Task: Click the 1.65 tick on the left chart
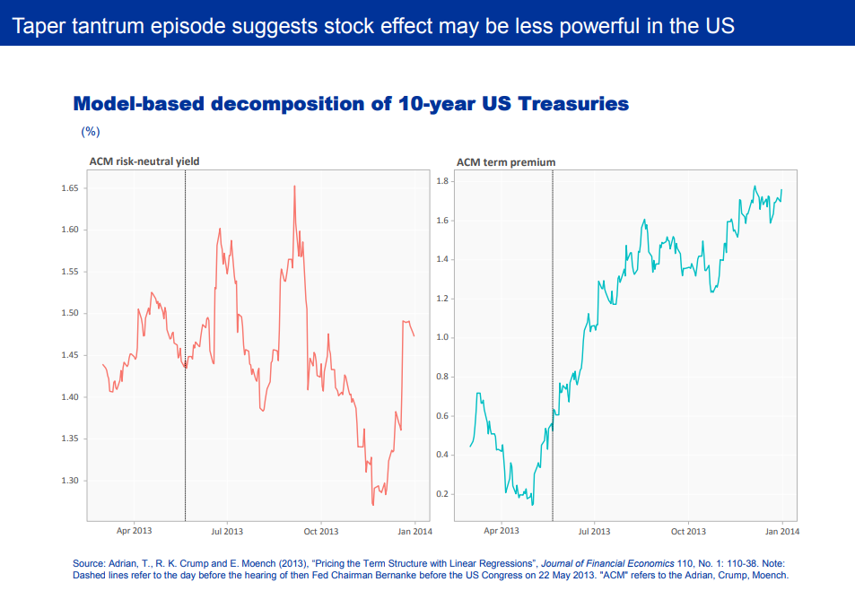pos(69,188)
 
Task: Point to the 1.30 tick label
pos(69,481)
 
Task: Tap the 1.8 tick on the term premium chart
pos(441,181)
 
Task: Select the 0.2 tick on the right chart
pos(441,494)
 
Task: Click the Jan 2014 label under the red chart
pos(414,531)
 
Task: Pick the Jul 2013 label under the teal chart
pos(594,531)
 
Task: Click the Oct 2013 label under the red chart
pos(321,531)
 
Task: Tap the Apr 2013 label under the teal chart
pos(502,531)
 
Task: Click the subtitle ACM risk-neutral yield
pos(144,161)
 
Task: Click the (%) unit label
pos(91,131)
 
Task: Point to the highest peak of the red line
pos(294,187)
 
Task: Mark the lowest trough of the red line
pos(372,505)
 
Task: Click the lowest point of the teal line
pos(532,505)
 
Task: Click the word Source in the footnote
pos(90,563)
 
